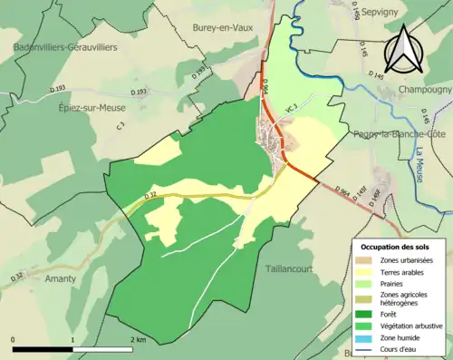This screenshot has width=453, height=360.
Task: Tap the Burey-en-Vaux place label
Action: coord(221,28)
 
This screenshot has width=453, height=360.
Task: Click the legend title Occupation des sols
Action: coord(397,246)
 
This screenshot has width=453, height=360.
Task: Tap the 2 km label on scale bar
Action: coord(139,339)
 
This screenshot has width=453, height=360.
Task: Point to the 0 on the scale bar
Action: coord(14,339)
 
